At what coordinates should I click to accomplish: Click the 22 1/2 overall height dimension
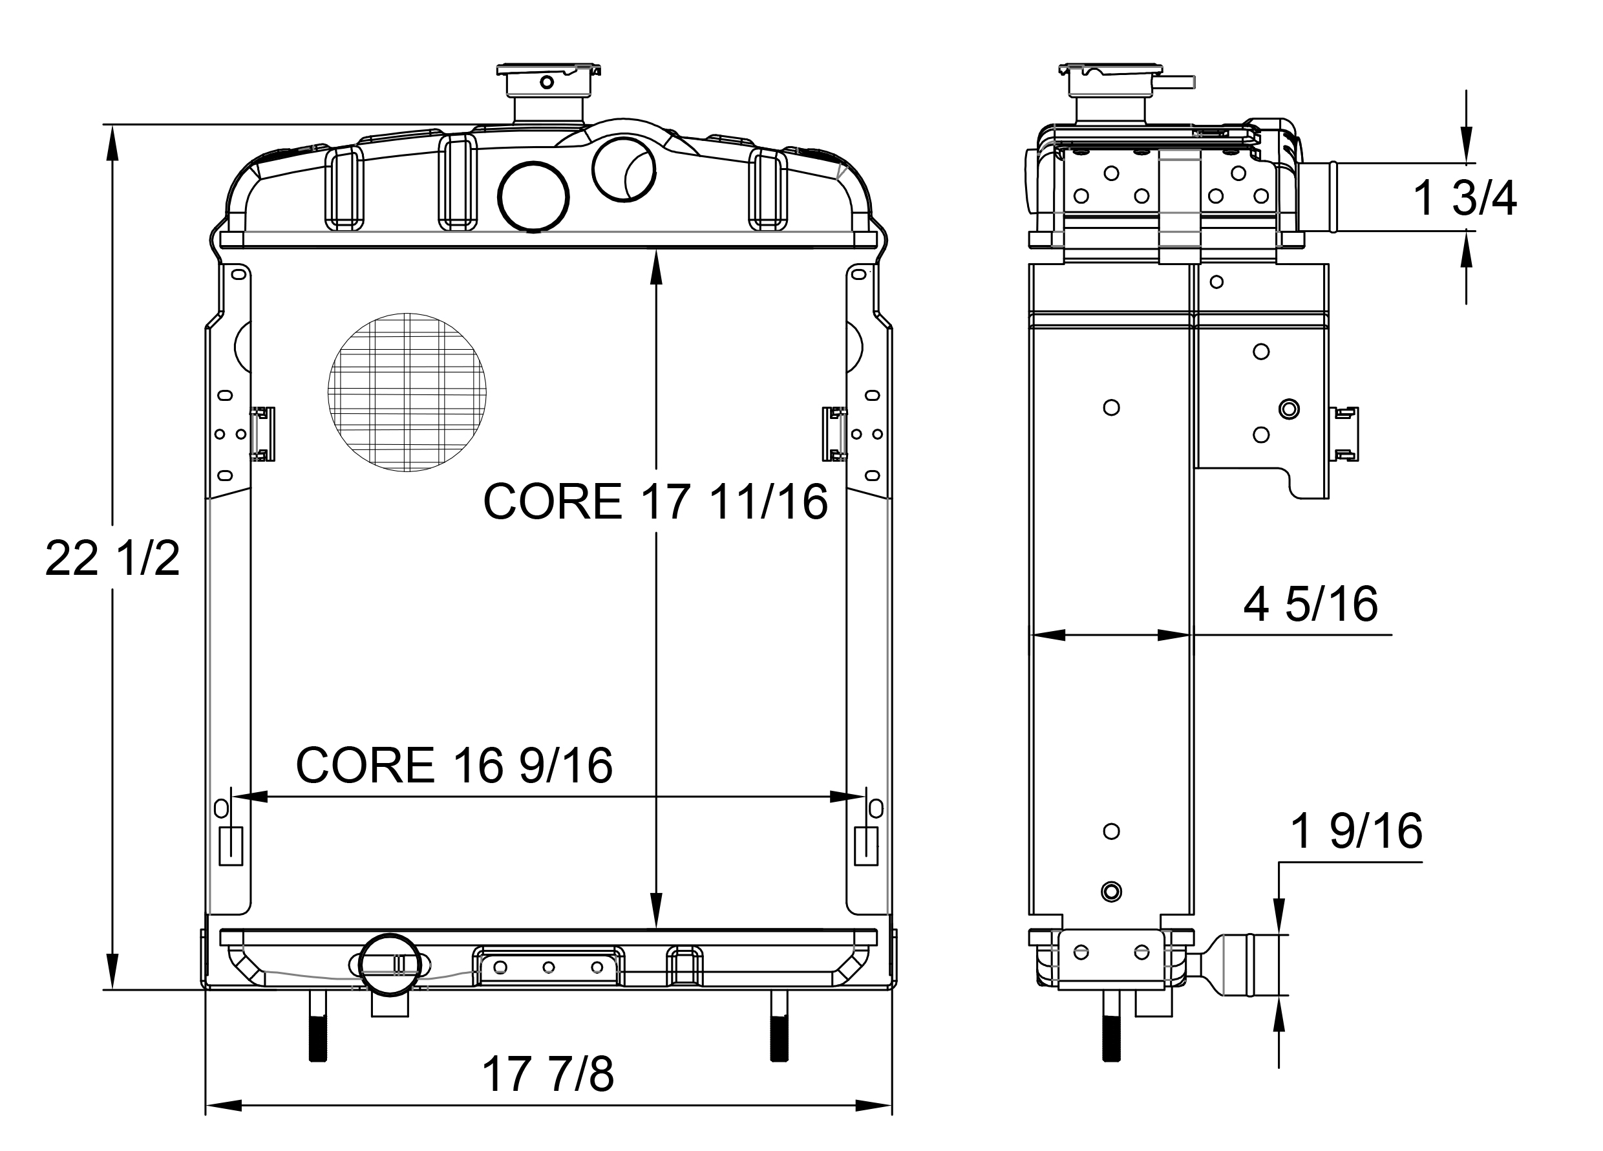click(x=112, y=559)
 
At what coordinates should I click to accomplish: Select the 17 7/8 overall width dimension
click(x=547, y=1074)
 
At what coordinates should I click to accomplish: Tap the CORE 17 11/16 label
click(x=655, y=502)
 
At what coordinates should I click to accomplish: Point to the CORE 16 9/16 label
click(x=454, y=765)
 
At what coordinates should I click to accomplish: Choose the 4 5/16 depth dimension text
click(x=1310, y=604)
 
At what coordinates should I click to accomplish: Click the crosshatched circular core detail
click(x=407, y=393)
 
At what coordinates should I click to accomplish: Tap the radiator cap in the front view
click(x=547, y=81)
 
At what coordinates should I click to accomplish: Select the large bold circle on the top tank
click(x=534, y=197)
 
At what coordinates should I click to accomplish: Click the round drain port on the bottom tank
click(x=390, y=965)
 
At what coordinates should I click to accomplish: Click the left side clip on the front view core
click(x=263, y=434)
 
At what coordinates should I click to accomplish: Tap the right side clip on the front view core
click(x=834, y=434)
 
